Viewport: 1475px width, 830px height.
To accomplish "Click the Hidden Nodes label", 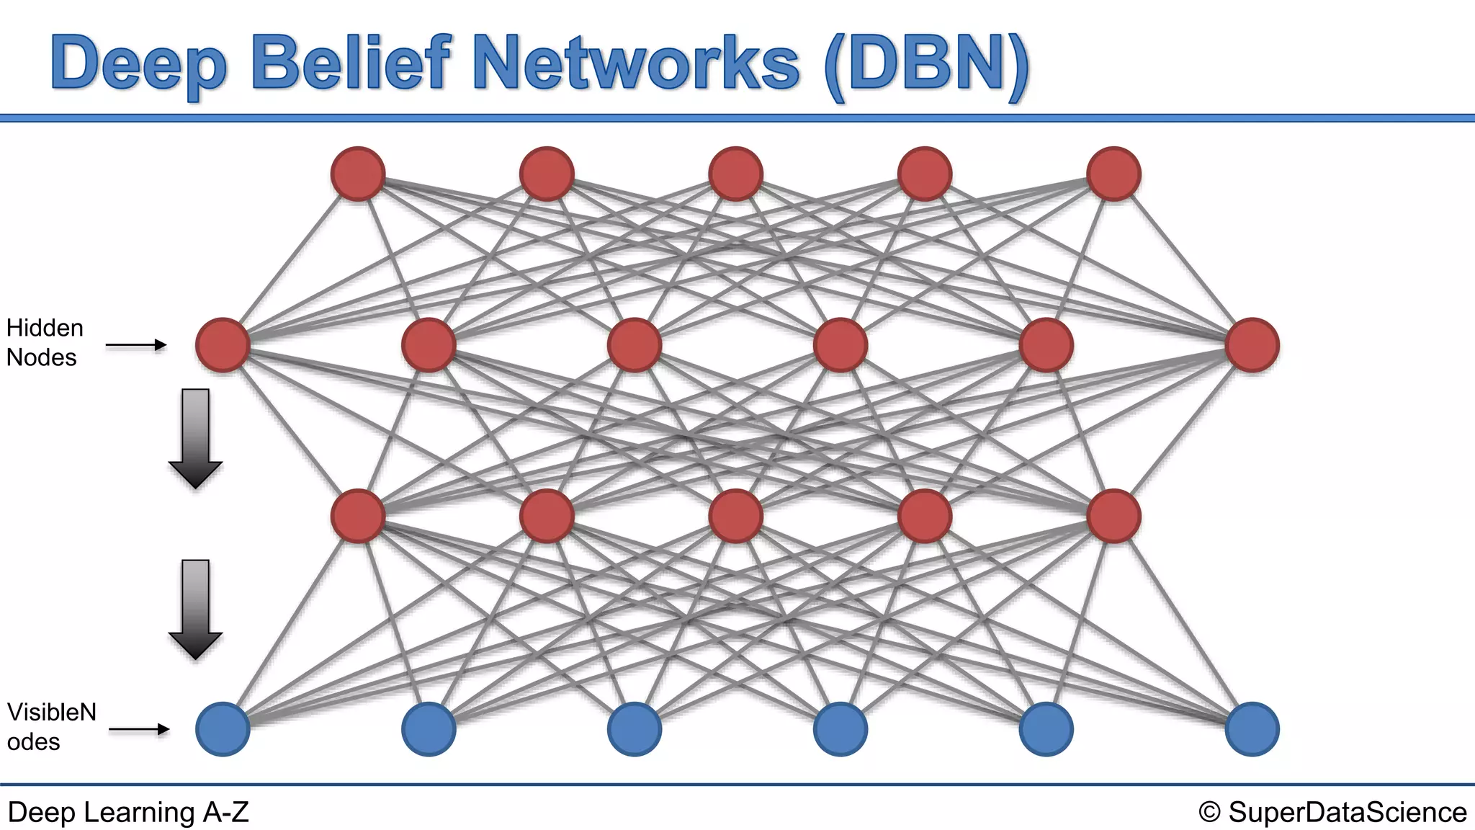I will pos(45,343).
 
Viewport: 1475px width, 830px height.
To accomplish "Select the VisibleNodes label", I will pos(51,727).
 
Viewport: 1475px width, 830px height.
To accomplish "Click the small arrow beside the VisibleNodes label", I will pos(138,730).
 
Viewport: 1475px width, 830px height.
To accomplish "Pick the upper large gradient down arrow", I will pos(195,437).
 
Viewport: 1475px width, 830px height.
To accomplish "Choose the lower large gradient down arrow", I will pos(195,608).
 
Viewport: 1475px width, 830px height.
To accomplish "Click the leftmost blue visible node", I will pos(223,729).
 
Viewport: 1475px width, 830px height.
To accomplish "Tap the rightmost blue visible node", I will pos(1252,729).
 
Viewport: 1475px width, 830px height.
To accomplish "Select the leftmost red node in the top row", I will pos(358,174).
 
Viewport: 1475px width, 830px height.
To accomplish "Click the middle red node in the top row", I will pos(735,174).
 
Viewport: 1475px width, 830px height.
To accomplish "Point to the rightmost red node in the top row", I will pos(1113,174).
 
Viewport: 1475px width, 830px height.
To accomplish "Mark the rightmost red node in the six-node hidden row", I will pos(1252,345).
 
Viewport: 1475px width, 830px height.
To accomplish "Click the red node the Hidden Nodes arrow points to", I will pos(223,345).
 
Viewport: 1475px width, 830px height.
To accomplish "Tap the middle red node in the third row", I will pos(735,516).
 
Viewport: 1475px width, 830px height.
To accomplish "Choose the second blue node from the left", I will pos(429,729).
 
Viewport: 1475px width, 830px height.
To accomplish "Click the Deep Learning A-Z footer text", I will pos(128,813).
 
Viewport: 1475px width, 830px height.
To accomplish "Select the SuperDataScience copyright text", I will pos(1333,813).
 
